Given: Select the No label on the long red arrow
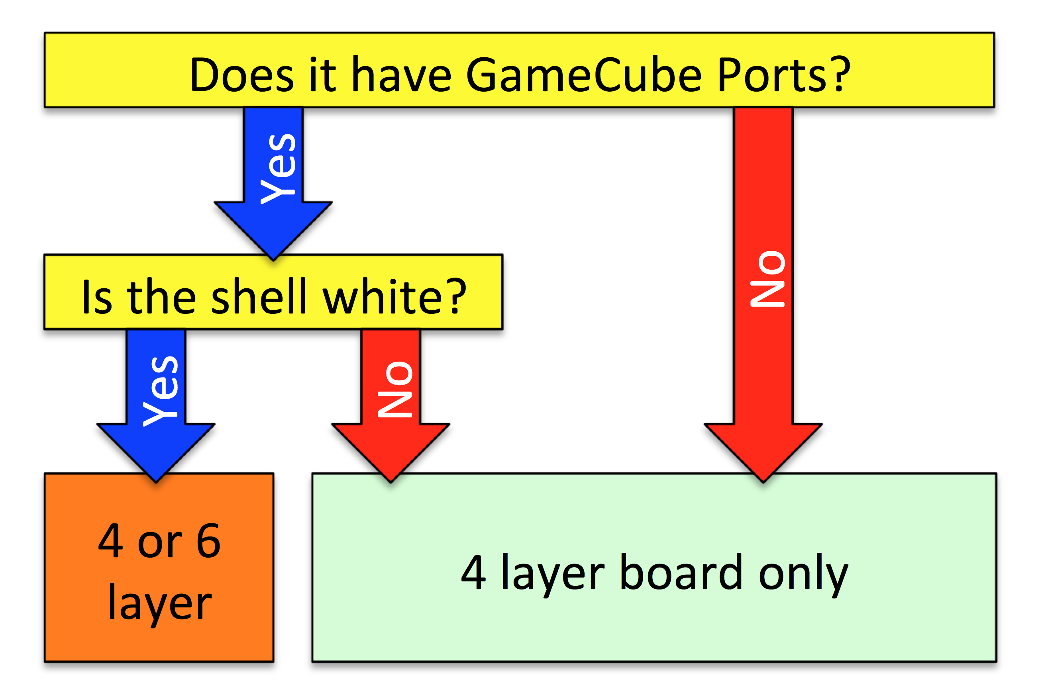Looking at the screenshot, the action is (767, 279).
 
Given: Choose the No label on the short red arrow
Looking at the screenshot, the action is (395, 390).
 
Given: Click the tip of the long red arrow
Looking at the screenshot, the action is (763, 482).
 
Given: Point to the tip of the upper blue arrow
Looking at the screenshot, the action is (273, 260).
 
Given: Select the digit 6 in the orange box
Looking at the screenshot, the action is (208, 540).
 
